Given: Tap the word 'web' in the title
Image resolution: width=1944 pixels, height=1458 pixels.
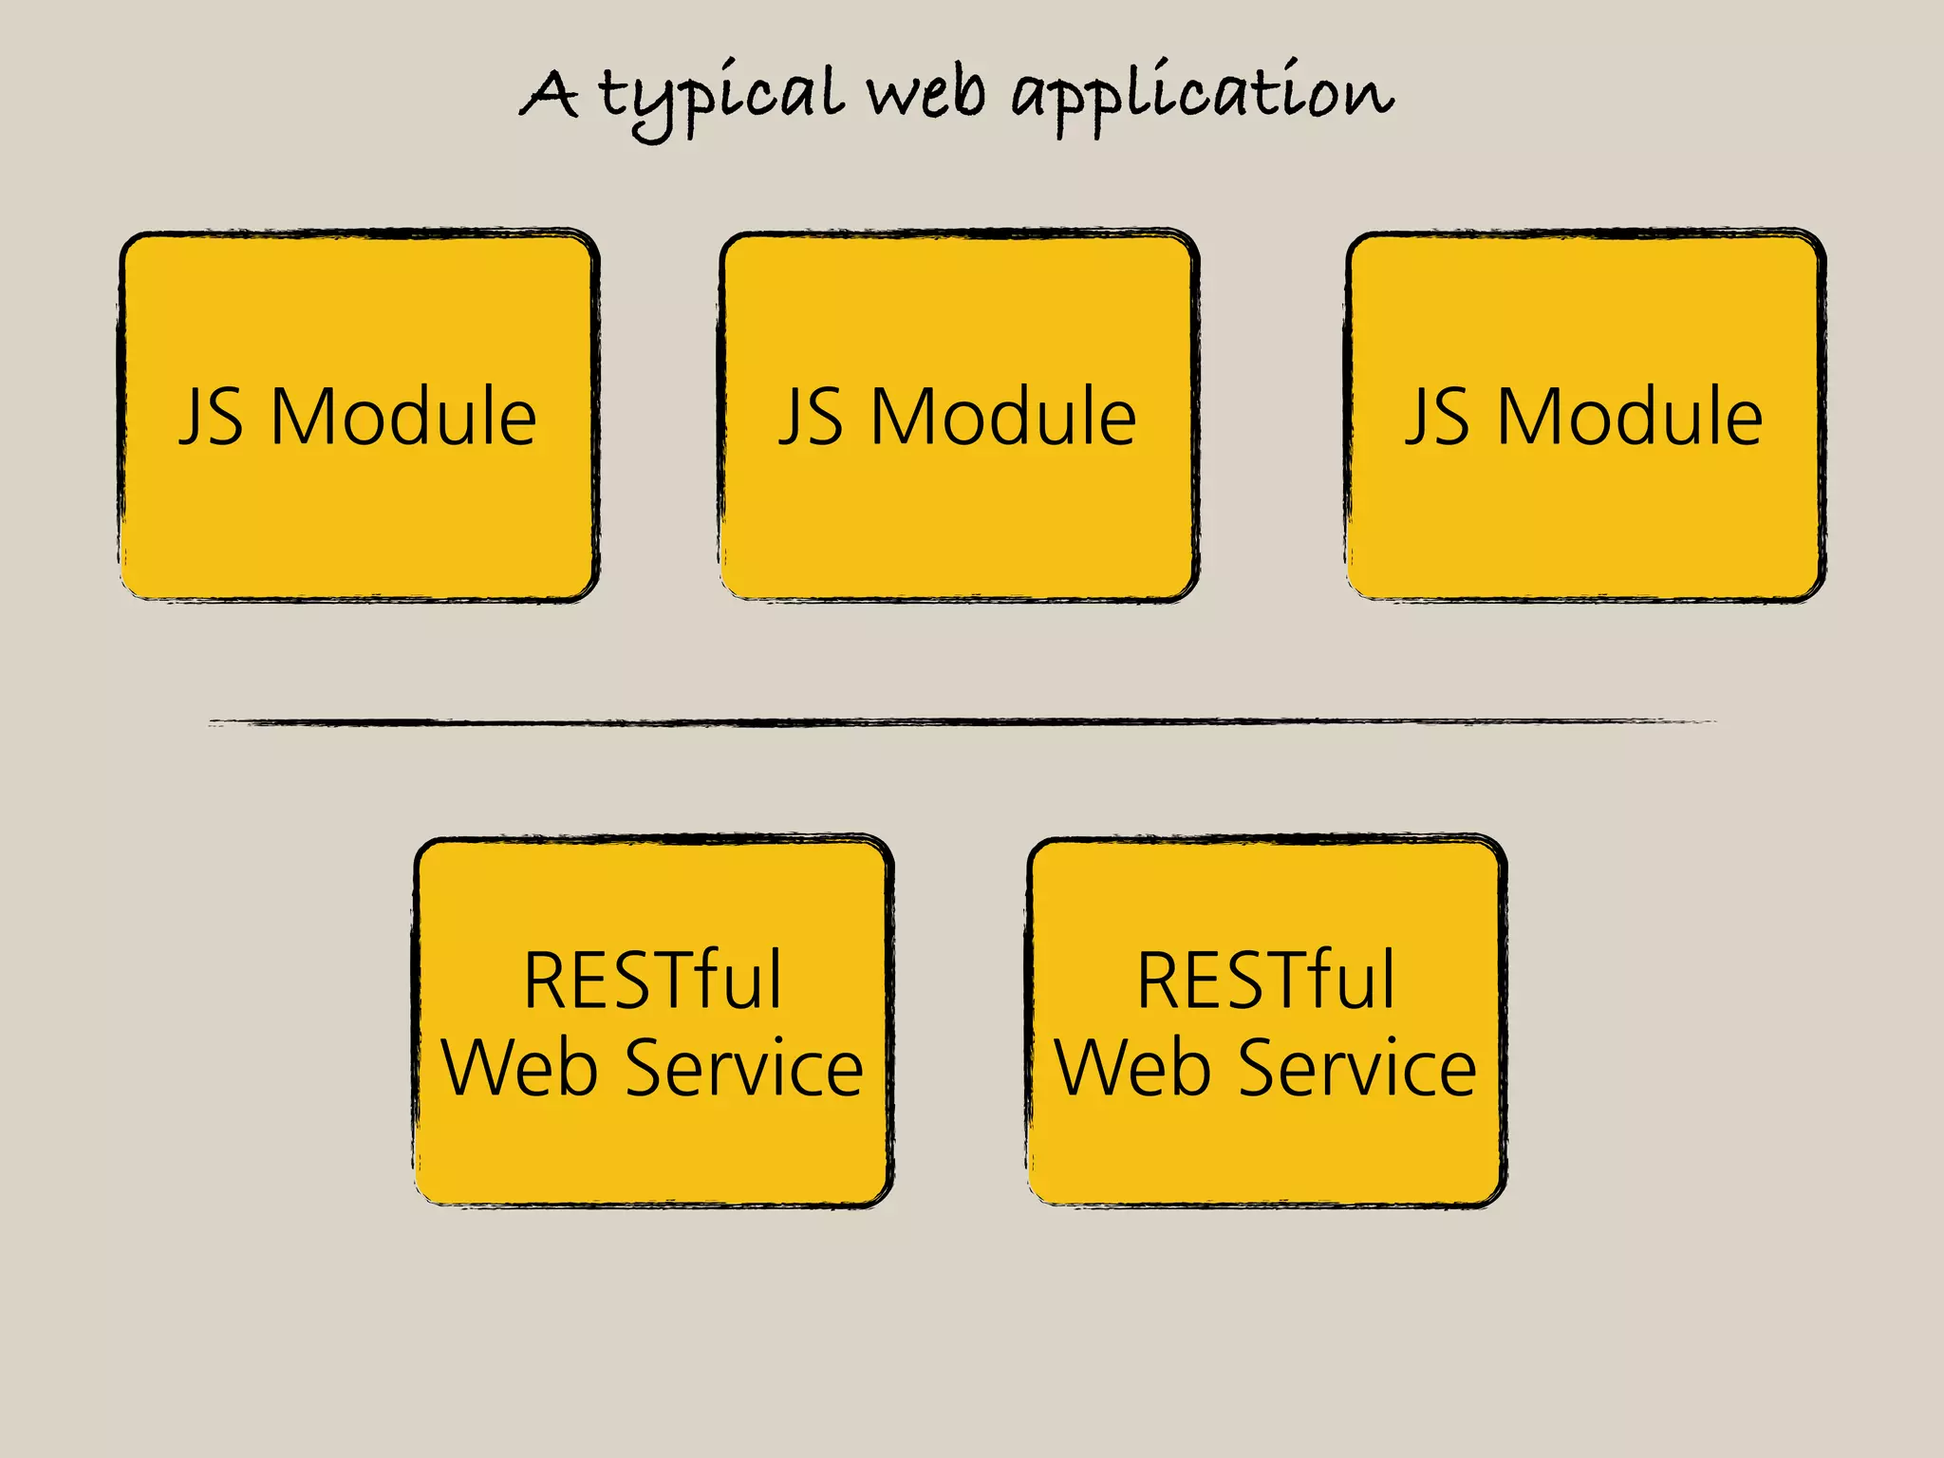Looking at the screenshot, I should coord(926,95).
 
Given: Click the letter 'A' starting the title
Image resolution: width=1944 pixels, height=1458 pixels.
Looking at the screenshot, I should coord(550,95).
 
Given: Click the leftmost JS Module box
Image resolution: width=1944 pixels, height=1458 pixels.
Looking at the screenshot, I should coord(359,513).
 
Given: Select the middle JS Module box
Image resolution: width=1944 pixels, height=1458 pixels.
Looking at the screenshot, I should coord(959,513).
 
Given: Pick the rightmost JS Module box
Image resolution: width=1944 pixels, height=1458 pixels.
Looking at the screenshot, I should coord(1585,513).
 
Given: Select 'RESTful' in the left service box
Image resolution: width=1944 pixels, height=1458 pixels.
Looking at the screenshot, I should coord(653,980).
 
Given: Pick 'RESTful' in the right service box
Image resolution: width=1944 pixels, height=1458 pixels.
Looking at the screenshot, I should coord(1266,980).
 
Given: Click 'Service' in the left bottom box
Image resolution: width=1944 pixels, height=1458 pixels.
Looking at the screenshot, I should coord(744,1068).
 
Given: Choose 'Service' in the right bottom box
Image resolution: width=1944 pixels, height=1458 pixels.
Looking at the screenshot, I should coord(1357,1068).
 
